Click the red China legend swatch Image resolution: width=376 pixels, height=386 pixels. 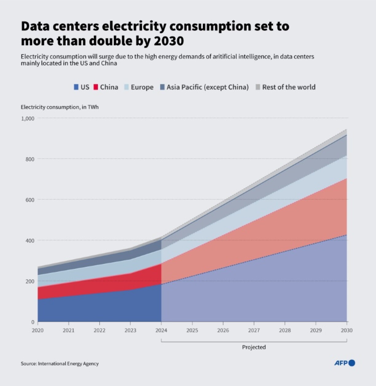[x=96, y=87]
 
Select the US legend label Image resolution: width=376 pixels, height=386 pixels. [x=85, y=87]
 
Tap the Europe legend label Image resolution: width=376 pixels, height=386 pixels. [x=142, y=87]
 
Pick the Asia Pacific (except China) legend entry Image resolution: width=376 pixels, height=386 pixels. [x=207, y=87]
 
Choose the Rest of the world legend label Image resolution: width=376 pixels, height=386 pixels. [x=288, y=87]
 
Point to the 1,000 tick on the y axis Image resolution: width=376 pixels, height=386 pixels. [x=28, y=118]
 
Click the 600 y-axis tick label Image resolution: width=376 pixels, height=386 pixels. [x=30, y=200]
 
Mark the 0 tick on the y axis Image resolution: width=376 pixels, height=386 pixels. [x=33, y=322]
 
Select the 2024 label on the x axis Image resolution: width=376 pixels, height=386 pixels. [x=161, y=330]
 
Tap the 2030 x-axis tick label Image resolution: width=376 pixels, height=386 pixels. [x=347, y=330]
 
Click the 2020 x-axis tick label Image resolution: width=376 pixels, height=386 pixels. [x=38, y=330]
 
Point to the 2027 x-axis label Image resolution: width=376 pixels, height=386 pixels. [x=254, y=330]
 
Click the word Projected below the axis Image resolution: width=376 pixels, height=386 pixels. [x=254, y=347]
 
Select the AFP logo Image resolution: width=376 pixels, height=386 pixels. [x=344, y=363]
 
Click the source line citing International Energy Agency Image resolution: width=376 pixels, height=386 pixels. [x=60, y=364]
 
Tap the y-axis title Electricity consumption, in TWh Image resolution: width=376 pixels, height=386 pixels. [x=60, y=107]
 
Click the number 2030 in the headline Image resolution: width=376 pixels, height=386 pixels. [x=169, y=41]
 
